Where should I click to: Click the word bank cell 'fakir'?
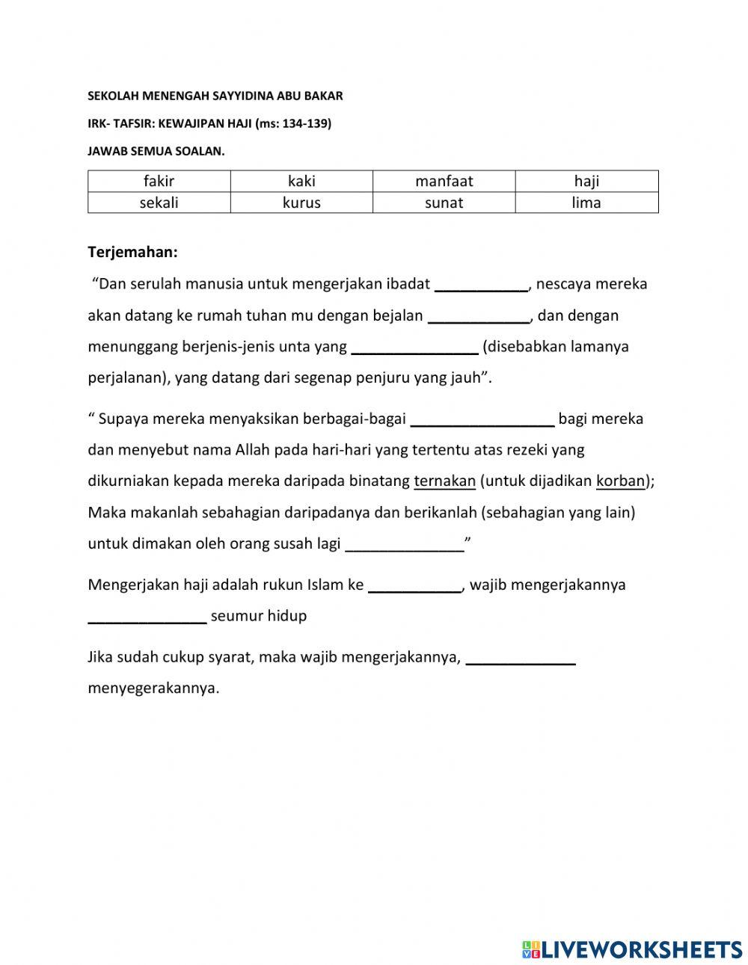point(159,181)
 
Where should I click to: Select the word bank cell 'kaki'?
point(301,181)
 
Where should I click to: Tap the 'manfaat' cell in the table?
point(444,181)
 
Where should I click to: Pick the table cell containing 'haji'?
point(586,181)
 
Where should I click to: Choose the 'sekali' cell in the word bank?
point(159,203)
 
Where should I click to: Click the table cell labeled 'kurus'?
point(301,203)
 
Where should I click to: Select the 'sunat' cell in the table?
point(444,203)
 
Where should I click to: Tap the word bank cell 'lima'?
point(586,203)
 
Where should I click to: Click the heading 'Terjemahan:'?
point(133,252)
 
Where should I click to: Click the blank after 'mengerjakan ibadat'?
point(481,284)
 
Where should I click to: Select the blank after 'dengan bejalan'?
point(479,315)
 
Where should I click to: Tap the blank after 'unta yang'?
point(414,347)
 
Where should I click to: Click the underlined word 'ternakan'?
point(444,481)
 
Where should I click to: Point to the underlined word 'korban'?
point(620,481)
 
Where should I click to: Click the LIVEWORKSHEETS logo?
point(632,949)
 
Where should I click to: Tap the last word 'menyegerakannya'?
point(153,688)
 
